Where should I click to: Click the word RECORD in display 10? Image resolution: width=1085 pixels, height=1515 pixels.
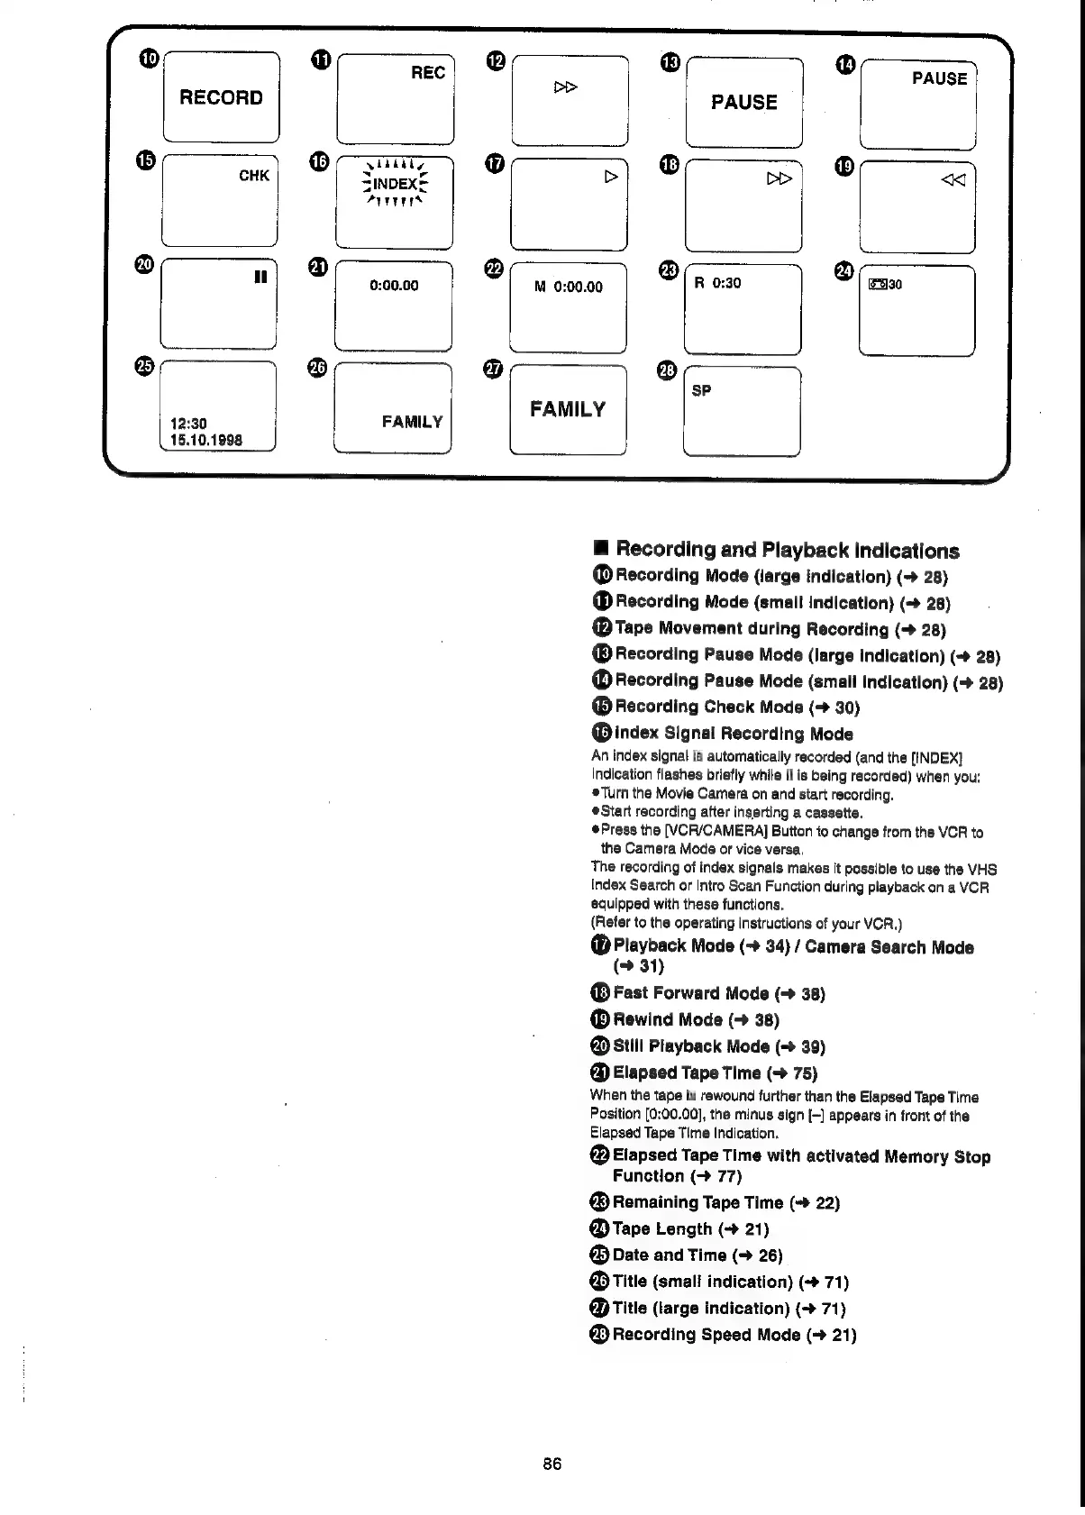(x=221, y=97)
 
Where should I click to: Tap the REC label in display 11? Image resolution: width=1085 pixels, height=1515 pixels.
(x=428, y=73)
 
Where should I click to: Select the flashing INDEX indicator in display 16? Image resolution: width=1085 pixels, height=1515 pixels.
(x=395, y=185)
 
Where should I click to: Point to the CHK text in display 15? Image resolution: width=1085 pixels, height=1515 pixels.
(x=253, y=176)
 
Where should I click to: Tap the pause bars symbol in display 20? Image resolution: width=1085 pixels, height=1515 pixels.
(x=260, y=278)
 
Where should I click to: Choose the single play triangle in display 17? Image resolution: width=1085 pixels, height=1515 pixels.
(x=611, y=177)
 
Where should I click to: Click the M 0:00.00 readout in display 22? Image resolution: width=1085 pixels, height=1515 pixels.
(x=568, y=287)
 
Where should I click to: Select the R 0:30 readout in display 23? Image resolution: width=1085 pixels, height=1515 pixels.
(x=717, y=283)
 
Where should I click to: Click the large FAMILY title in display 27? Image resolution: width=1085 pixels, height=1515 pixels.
(x=568, y=410)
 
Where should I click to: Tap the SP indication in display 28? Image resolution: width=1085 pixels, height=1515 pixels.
(x=701, y=390)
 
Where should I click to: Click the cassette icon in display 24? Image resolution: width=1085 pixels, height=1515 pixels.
(x=878, y=286)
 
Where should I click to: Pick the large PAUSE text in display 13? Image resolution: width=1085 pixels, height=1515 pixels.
(x=743, y=103)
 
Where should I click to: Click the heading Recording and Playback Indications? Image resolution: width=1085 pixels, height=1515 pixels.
(x=787, y=551)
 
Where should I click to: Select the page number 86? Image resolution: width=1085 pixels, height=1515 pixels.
(x=552, y=1464)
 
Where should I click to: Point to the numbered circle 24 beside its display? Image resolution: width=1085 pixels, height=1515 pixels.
(x=843, y=270)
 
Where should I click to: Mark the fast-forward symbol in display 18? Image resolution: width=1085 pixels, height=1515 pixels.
(x=780, y=179)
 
